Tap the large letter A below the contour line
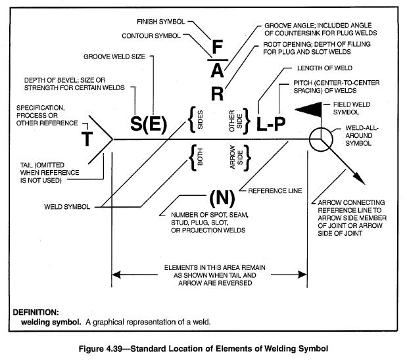coord(218,71)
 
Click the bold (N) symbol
coord(218,198)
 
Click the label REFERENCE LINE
coord(275,191)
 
